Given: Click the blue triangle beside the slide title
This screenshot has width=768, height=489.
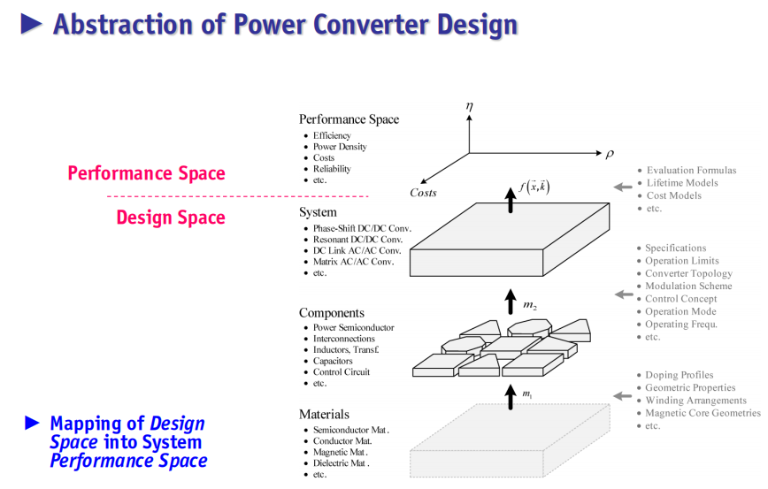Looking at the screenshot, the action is [x=31, y=24].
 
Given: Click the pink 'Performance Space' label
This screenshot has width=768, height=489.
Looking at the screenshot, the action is [x=147, y=173].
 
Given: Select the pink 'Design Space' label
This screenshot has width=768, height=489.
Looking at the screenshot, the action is [x=171, y=218].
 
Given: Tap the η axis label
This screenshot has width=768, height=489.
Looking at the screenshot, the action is [x=469, y=106].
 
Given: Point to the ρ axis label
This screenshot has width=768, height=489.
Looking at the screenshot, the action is [x=610, y=154].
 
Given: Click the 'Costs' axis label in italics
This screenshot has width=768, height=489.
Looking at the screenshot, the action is [x=423, y=193].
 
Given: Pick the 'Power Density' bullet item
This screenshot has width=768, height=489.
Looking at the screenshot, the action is [x=340, y=147].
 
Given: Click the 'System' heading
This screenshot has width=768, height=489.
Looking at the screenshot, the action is [x=318, y=212].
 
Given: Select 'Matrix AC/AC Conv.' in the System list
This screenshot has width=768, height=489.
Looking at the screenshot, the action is [x=354, y=262].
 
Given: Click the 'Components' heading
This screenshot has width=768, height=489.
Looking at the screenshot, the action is [x=332, y=313].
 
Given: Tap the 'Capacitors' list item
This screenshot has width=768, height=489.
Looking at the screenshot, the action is [x=333, y=361].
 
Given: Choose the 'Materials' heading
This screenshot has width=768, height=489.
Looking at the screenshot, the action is [x=324, y=414].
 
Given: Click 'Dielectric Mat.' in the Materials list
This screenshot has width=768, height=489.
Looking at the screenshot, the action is [x=342, y=463].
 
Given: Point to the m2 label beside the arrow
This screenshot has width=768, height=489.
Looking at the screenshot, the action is [x=530, y=305].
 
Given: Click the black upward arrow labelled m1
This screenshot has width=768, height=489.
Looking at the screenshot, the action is [x=511, y=397].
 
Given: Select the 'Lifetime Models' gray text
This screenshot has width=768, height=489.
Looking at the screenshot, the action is [x=682, y=182].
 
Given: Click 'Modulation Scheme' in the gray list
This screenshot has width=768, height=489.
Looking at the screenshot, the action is [x=688, y=286].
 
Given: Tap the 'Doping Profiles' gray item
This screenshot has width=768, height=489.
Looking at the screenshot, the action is [x=680, y=375].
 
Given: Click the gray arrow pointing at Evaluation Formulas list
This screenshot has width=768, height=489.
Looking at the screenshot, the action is [x=623, y=187].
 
